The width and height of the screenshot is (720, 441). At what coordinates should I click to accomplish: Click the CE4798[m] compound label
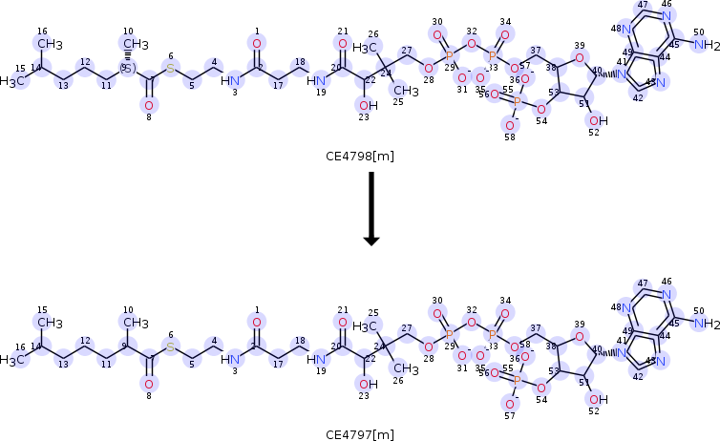(x=360, y=157)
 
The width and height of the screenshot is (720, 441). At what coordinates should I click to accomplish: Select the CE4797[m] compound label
(x=360, y=434)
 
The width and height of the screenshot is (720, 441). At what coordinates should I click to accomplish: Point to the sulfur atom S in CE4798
(x=171, y=69)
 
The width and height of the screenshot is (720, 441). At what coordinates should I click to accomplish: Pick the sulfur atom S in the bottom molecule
(x=171, y=347)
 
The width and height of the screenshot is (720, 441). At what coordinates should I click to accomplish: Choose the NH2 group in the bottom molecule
(x=706, y=325)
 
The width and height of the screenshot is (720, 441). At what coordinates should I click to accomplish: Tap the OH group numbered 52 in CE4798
(x=598, y=120)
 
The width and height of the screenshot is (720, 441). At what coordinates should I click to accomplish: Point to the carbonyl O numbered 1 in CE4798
(x=256, y=44)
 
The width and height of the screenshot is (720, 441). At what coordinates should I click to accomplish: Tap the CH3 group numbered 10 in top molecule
(x=135, y=44)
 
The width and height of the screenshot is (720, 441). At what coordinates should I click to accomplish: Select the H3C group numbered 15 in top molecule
(x=11, y=81)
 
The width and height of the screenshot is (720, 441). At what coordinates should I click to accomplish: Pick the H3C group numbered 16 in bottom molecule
(x=11, y=360)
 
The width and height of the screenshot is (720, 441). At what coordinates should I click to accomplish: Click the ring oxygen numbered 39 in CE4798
(x=579, y=57)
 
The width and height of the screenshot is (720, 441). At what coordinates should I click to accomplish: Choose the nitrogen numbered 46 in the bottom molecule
(x=667, y=295)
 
